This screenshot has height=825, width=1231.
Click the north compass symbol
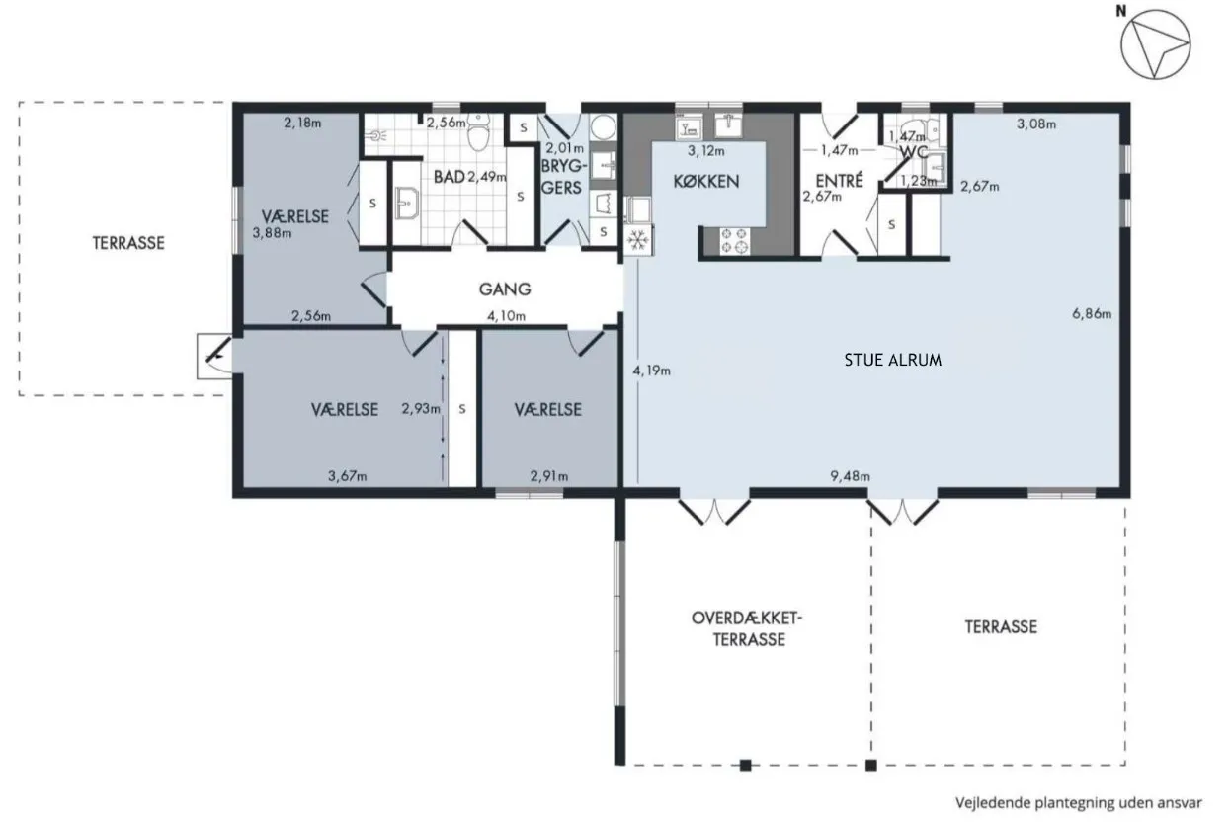[1155, 44]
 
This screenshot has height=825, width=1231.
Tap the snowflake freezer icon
[637, 240]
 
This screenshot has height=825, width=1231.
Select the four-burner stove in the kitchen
[734, 241]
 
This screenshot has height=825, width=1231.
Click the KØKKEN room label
[706, 181]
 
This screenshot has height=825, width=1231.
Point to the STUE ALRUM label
[892, 360]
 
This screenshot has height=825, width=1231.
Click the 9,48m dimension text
[851, 476]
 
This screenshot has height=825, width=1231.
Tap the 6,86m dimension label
[1092, 313]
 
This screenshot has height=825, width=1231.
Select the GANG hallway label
[505, 289]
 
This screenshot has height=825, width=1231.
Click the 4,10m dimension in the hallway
[506, 316]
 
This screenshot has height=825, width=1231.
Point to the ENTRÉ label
[839, 180]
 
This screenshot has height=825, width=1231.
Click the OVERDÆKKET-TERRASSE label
[747, 628]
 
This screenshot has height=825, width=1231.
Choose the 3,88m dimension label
[272, 233]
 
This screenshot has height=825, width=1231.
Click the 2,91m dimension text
[549, 476]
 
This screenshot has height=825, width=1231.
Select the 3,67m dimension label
[348, 476]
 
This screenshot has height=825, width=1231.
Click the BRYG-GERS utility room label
[561, 177]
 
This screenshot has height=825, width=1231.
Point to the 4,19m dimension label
[652, 371]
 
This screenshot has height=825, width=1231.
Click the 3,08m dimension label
[1036, 124]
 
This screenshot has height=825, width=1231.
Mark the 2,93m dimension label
[421, 409]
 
